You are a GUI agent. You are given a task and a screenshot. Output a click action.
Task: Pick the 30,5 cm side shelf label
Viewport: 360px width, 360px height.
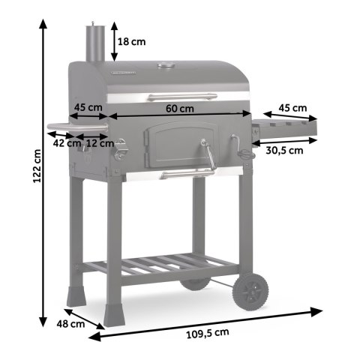[284, 150]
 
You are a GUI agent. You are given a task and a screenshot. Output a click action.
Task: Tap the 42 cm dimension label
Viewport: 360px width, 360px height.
[64, 141]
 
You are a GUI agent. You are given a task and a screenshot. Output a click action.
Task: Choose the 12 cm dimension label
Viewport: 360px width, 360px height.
[95, 141]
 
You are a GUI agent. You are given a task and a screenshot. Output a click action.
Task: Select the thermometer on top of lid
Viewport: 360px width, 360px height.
[167, 67]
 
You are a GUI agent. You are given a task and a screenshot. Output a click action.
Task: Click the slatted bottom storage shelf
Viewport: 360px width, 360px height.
[161, 264]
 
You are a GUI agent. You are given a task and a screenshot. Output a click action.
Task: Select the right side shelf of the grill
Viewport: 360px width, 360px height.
[285, 129]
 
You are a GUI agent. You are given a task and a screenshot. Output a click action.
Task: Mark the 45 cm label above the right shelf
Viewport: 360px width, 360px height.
[292, 108]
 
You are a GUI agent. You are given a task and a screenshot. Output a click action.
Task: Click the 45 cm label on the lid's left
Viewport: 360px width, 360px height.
[88, 106]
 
